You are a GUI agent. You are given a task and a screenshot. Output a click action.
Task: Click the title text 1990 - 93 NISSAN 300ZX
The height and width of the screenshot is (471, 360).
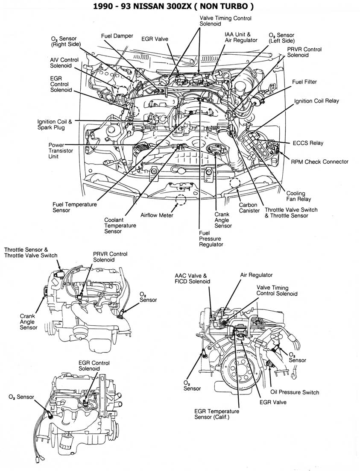point(180,6)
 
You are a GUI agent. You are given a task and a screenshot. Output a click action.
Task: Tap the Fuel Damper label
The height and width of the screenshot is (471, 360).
point(117,36)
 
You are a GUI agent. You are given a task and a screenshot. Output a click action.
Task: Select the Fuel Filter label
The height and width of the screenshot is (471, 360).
point(304,82)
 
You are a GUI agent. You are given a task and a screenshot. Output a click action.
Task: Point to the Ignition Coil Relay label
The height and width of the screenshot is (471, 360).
point(316,101)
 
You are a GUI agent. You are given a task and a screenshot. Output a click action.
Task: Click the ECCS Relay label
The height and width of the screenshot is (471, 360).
point(308,143)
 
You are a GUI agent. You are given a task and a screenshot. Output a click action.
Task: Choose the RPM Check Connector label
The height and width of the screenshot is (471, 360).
point(319,162)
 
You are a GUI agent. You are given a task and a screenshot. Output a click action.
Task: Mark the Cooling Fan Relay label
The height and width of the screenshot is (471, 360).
point(298,196)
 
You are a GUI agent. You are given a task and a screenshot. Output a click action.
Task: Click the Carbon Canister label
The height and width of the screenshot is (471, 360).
point(249,208)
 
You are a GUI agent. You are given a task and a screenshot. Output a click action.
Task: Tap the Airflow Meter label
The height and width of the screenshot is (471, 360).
point(157,215)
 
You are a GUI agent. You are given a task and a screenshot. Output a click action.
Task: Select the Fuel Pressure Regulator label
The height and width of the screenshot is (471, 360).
point(211,239)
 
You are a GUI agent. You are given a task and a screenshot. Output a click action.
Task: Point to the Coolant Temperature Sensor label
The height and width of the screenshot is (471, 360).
point(120,225)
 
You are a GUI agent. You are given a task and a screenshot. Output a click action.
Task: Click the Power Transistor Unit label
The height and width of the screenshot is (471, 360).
point(60,151)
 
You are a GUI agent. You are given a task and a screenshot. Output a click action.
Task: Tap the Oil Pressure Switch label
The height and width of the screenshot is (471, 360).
point(295,392)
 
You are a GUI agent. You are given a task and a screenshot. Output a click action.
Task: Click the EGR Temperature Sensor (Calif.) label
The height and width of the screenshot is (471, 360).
point(217,414)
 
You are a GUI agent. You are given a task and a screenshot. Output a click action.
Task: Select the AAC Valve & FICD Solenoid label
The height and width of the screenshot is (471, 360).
point(192,279)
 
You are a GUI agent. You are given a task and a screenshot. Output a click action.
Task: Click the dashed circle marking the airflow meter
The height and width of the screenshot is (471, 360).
point(181,200)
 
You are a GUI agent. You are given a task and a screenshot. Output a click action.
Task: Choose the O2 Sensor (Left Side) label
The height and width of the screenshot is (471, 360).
point(281,38)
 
